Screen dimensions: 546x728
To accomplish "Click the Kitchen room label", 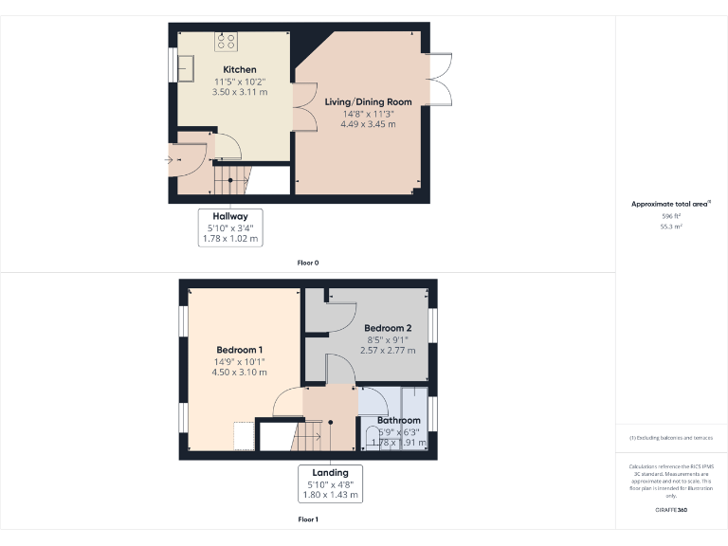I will (239, 70).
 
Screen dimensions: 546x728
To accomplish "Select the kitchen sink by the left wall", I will (184, 67).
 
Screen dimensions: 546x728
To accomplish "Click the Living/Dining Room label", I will (368, 101).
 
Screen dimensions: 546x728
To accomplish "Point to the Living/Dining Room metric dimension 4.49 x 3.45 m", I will (368, 124).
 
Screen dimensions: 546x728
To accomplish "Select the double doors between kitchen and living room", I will (304, 105).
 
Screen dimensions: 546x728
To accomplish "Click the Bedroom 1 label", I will (239, 350).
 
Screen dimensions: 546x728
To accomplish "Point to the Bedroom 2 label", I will (388, 329).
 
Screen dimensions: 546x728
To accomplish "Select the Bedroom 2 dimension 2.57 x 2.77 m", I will (388, 351).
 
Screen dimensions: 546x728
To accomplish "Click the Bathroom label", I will (398, 420).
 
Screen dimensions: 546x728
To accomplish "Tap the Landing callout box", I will (330, 483).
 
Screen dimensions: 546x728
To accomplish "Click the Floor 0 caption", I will (308, 261).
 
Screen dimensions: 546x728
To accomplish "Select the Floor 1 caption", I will (308, 519).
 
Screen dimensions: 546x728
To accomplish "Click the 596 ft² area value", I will (671, 216).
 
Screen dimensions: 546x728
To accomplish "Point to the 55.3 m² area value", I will (671, 227).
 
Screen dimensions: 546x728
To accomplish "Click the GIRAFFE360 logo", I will (671, 510).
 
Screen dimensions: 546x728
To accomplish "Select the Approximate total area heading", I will (670, 204).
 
